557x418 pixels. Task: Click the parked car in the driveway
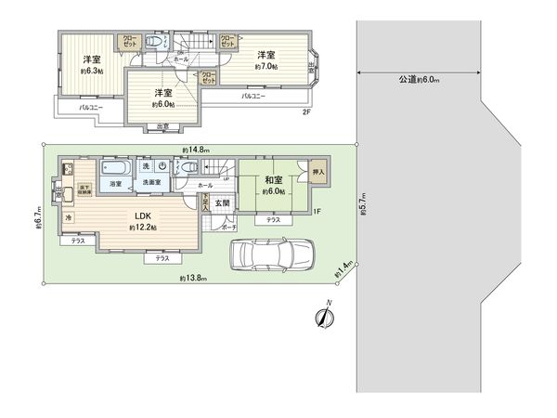pos(271,254)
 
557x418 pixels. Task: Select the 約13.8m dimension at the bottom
pos(193,279)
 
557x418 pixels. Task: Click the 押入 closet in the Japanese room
pos(318,172)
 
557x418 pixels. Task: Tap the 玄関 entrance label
pos(224,202)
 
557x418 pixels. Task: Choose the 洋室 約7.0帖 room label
pos(267,60)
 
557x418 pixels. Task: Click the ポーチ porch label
pos(229,227)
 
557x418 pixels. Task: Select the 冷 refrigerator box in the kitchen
pos(68,217)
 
